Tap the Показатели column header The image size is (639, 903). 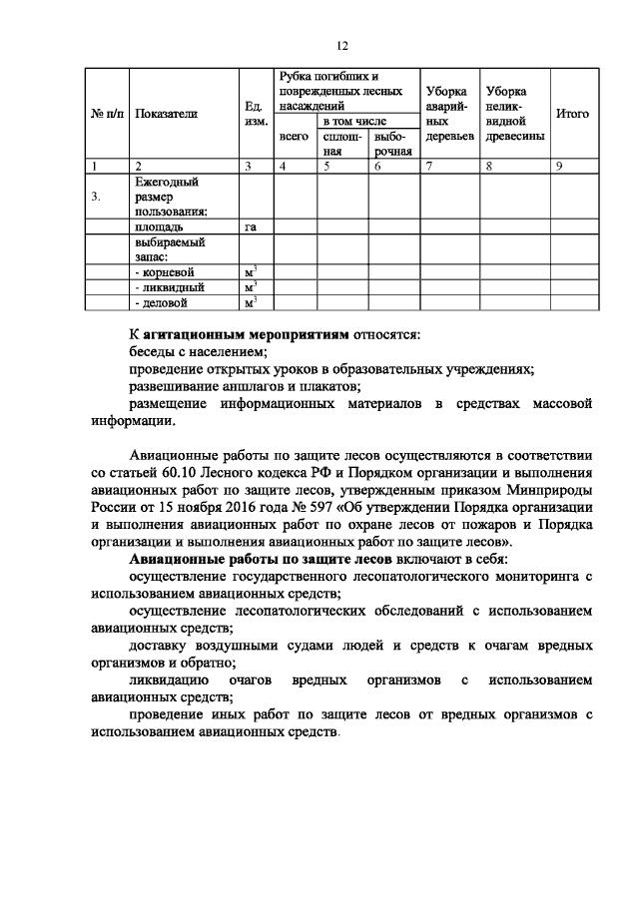(x=166, y=114)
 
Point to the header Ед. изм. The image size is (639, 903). (x=254, y=113)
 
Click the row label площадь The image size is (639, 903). (x=159, y=227)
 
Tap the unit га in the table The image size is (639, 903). (x=251, y=227)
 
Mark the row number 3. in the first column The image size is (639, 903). (x=96, y=198)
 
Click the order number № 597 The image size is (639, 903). (x=299, y=505)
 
